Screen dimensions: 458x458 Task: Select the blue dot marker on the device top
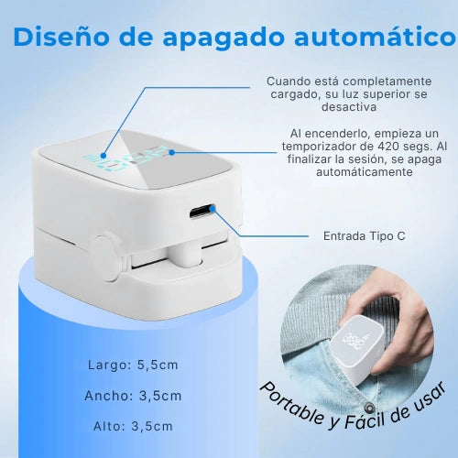point(104,157)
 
